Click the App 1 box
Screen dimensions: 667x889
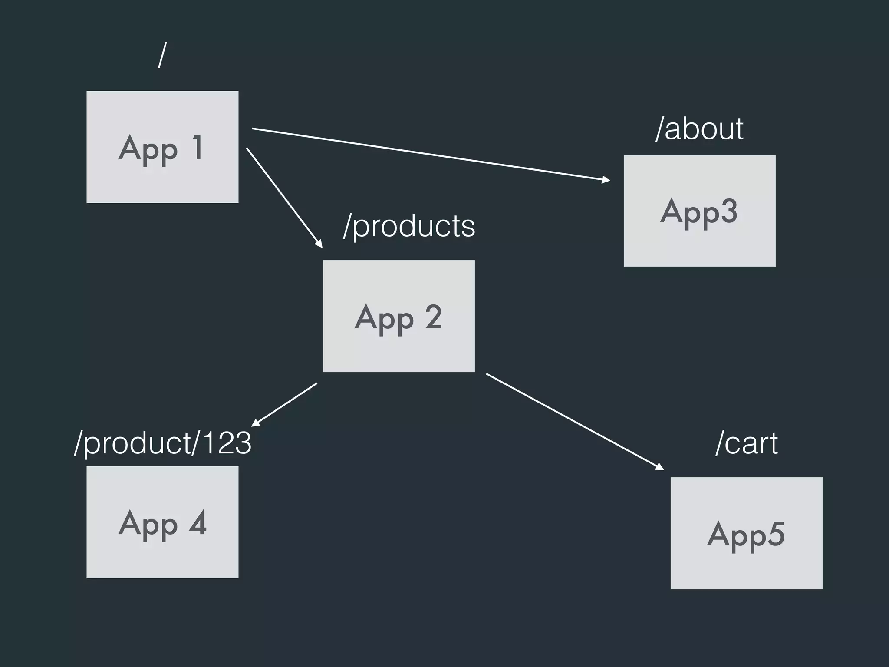tap(162, 147)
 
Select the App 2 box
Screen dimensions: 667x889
tap(398, 316)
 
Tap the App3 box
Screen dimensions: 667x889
tap(699, 210)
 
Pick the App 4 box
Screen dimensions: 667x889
tap(162, 522)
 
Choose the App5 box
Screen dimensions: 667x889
tap(746, 533)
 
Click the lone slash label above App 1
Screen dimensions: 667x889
tap(162, 55)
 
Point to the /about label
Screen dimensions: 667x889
tap(699, 129)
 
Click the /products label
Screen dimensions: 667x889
tap(409, 226)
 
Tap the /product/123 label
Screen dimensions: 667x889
tap(162, 443)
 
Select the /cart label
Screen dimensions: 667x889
tap(746, 443)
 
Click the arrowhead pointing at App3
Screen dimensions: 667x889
tap(606, 179)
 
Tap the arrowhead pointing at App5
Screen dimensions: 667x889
tap(660, 467)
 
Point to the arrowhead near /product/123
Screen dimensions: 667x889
tap(256, 423)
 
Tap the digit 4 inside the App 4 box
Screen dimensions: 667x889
tap(198, 523)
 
